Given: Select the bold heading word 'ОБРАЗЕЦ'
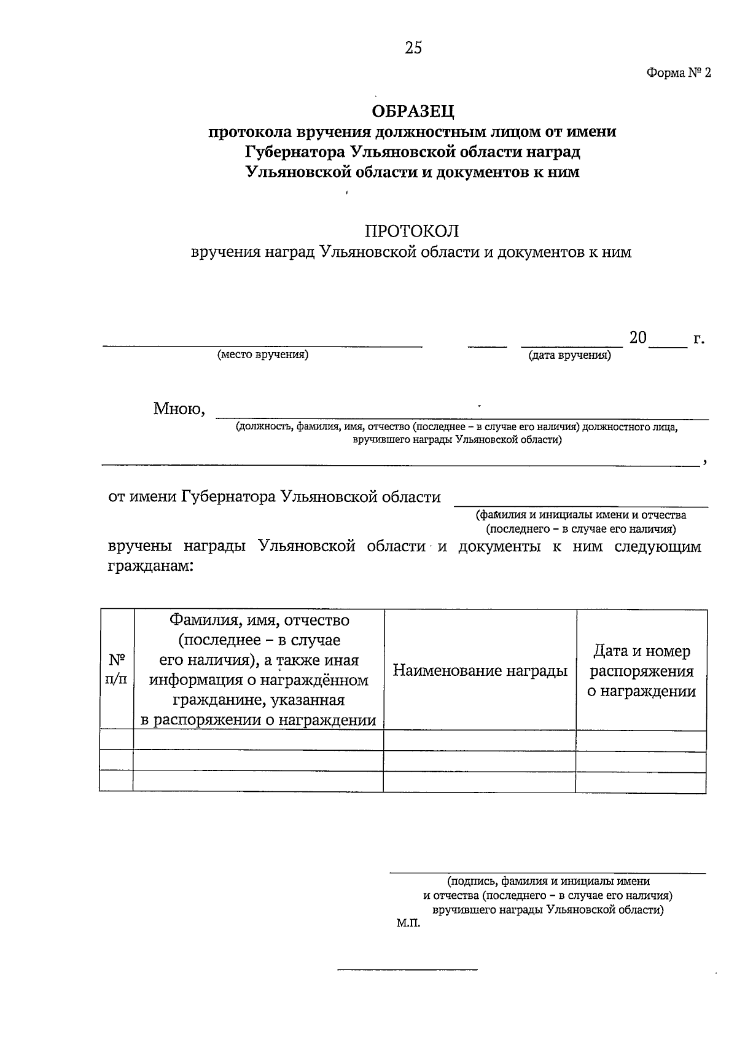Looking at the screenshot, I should click(x=413, y=111).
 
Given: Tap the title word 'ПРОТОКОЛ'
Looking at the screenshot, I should click(x=412, y=232).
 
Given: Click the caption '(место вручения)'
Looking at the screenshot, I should click(x=262, y=355).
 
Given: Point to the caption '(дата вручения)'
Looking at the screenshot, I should click(x=569, y=356).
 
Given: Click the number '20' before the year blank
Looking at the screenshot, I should click(x=638, y=337).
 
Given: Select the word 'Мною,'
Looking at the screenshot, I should click(x=179, y=409).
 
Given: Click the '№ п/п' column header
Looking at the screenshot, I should click(x=117, y=670).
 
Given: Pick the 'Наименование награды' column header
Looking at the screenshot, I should click(x=480, y=670).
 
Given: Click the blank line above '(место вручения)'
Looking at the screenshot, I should click(x=262, y=347).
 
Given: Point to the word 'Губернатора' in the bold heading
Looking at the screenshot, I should click(x=294, y=152).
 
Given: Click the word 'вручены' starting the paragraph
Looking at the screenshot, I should click(x=139, y=546).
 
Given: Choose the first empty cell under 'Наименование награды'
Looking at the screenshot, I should click(x=480, y=740).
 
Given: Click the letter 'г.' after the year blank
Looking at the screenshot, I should click(x=698, y=339).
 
